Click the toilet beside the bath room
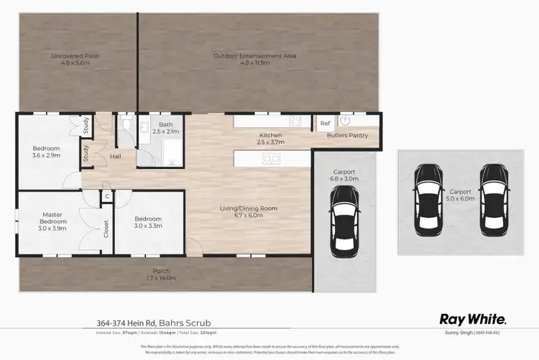tap(126, 126)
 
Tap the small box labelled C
tap(106, 195)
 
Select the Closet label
tap(106, 229)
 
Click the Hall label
tap(115, 156)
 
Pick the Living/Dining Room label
tap(249, 212)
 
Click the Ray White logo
tap(473, 319)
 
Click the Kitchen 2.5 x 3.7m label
tap(271, 138)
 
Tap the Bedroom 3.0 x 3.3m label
tap(147, 222)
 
